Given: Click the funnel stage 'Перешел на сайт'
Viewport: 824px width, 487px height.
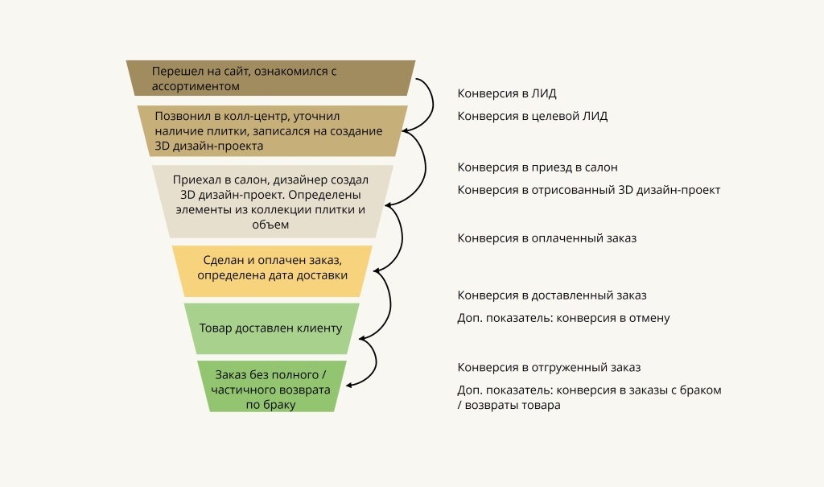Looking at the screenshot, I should [x=270, y=77].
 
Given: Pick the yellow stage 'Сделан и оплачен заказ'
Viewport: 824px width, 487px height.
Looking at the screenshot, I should [x=272, y=267].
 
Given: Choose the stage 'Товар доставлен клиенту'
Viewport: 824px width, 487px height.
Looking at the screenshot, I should [x=271, y=328].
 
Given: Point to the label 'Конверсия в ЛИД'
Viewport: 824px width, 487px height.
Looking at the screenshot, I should [x=507, y=93].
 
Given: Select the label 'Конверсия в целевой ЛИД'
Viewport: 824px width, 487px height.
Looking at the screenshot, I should [x=532, y=116].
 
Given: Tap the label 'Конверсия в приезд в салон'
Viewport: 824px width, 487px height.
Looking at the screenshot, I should [x=538, y=167].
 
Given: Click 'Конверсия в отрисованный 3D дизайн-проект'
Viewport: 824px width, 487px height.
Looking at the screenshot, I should [x=588, y=190].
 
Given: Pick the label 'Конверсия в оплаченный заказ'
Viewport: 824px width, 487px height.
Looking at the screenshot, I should [x=541, y=238].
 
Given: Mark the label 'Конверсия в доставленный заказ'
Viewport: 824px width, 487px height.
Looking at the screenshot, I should [x=552, y=295].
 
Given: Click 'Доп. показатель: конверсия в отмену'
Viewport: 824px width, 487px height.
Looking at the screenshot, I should [x=563, y=318].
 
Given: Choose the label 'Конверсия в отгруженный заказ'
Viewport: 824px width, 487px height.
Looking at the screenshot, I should [x=549, y=367].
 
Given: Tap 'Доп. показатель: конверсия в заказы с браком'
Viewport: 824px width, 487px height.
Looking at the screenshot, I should [x=589, y=390].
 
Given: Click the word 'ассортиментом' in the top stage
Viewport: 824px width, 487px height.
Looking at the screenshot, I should [x=196, y=85].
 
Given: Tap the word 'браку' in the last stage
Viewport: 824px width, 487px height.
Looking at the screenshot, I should [x=278, y=405].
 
